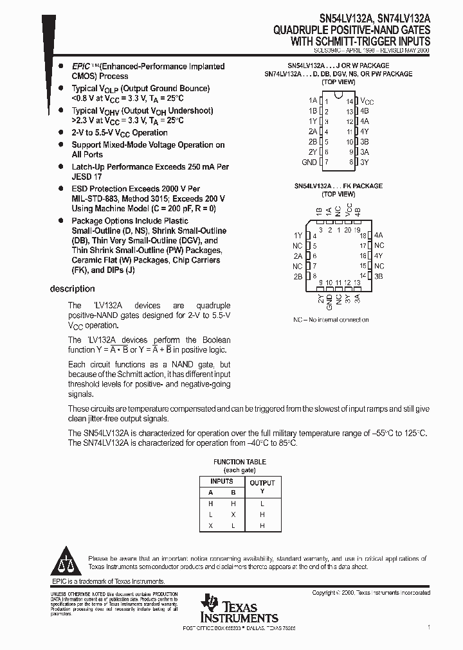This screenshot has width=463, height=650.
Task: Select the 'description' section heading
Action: [72, 289]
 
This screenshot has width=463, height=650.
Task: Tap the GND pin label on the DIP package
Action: [309, 162]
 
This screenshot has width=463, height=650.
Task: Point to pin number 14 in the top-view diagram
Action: [349, 101]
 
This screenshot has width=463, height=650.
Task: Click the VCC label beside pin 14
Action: [366, 101]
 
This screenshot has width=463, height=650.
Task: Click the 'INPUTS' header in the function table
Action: [222, 481]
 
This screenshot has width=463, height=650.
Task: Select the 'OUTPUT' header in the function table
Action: [262, 483]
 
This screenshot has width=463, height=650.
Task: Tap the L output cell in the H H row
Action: [262, 504]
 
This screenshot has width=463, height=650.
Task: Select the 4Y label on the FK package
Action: [379, 256]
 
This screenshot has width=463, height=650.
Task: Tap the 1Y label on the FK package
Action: [298, 236]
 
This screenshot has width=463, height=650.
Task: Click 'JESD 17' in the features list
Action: [87, 177]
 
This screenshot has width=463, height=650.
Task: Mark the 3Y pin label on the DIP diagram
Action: [364, 162]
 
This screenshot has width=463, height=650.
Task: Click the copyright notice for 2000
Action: [371, 593]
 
